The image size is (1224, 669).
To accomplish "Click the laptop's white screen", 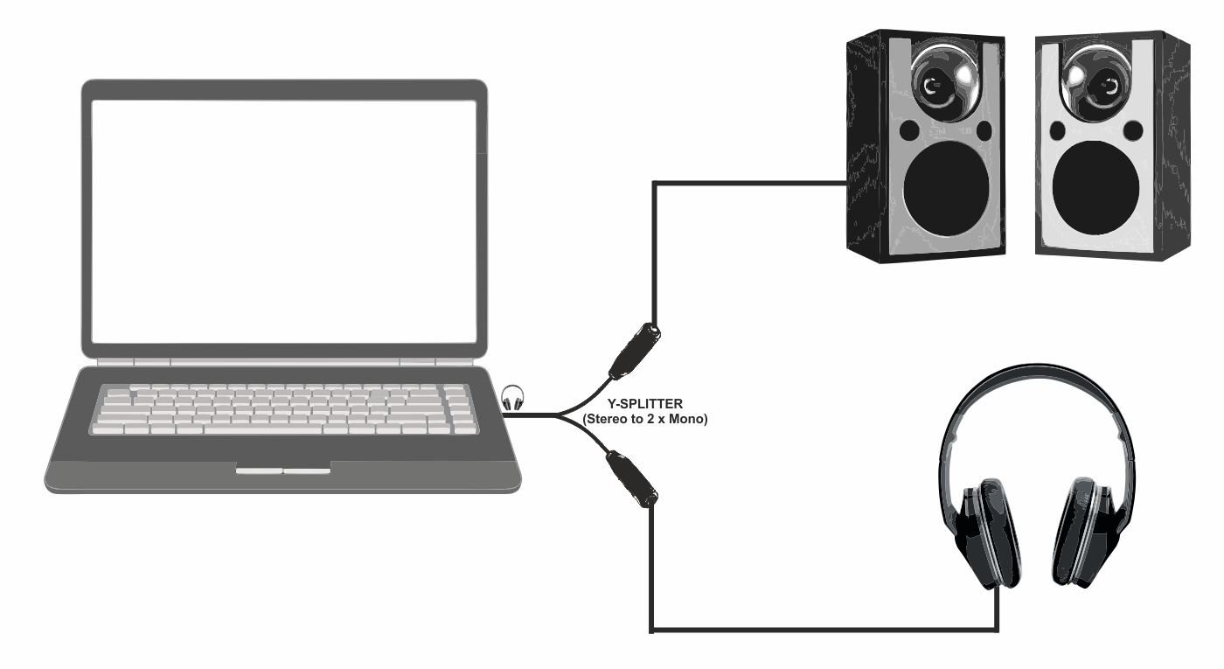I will (284, 219).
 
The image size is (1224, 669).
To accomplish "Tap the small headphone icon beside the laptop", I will (513, 399).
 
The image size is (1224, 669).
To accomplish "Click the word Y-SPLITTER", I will (644, 404).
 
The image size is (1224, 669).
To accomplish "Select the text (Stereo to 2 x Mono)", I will (644, 420).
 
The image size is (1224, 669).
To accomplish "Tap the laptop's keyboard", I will (284, 409).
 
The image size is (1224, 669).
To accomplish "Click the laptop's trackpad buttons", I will (282, 471).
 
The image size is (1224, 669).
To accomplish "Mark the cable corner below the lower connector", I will (652, 628).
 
